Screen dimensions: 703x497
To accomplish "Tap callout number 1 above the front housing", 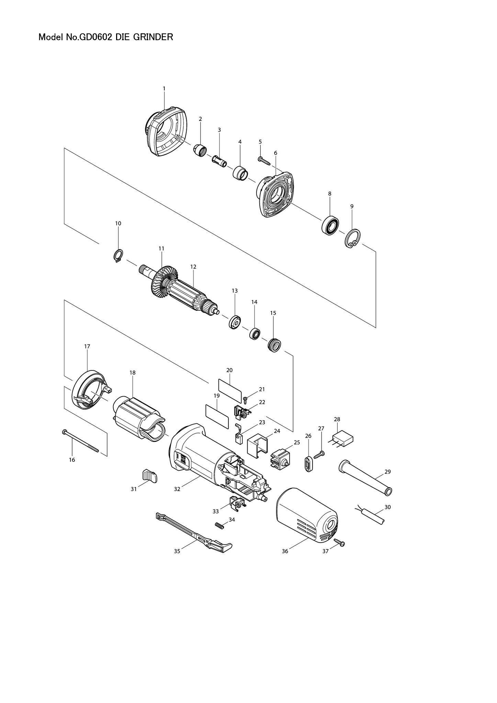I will click(x=164, y=89).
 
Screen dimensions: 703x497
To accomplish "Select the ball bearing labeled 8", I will click(x=330, y=226).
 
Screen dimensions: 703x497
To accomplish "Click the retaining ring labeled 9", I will click(x=352, y=238).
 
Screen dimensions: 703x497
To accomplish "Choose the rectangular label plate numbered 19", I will click(x=217, y=416).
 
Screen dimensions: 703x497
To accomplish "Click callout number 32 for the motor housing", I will click(x=177, y=489).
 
